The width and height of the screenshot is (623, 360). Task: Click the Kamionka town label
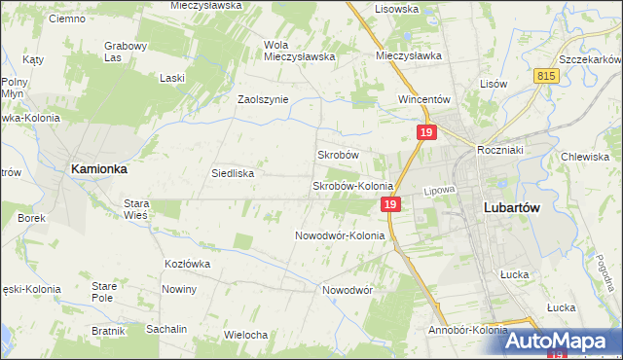98,168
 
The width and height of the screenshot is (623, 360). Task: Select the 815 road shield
546,75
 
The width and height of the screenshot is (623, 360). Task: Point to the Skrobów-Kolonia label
351,186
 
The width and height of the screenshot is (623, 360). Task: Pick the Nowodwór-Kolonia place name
340,235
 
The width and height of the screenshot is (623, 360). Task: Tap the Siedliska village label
233,173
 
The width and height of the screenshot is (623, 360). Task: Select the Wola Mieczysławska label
299,51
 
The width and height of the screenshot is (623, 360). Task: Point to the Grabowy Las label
126,52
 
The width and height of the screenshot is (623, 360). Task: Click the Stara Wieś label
135,209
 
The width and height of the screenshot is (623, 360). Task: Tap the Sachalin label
166,329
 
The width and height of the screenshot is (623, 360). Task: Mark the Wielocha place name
245,335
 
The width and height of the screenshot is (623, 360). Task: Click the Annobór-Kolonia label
467,330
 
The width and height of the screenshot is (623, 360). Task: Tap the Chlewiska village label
585,157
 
